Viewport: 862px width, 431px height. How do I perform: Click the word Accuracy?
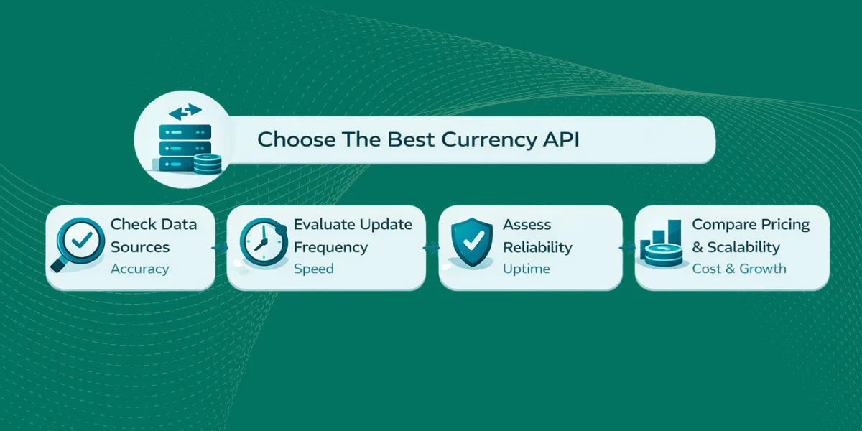[x=139, y=269]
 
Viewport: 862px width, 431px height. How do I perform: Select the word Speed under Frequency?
[x=314, y=269]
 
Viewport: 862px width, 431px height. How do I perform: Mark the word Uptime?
[x=526, y=269]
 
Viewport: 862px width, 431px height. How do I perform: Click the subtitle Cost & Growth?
[x=738, y=269]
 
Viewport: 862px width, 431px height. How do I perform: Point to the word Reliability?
[x=537, y=247]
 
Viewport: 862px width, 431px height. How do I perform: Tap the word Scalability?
[x=743, y=247]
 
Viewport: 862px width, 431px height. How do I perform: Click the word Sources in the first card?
[x=140, y=247]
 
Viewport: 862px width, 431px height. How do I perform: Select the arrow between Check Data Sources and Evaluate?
[x=221, y=247]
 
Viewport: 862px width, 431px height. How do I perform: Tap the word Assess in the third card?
[x=527, y=224]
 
